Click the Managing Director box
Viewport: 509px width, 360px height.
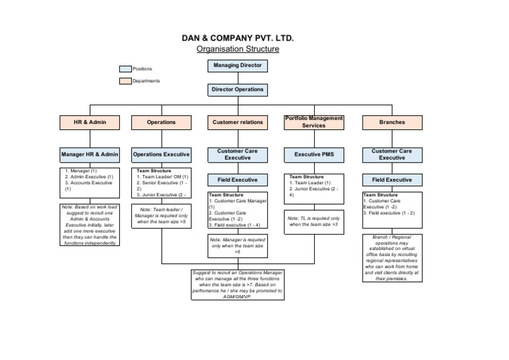point(237,66)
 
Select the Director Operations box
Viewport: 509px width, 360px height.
point(237,90)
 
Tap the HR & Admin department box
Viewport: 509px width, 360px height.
point(89,122)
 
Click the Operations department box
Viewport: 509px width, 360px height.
point(161,122)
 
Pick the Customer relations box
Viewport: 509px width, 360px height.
point(237,122)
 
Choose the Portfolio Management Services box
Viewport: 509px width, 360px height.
point(313,122)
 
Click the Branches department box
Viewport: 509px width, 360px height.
point(392,122)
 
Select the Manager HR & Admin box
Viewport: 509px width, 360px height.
point(89,154)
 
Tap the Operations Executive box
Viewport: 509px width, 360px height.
point(161,154)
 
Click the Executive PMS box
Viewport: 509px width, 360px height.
point(313,154)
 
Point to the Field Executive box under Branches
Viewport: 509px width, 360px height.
point(392,180)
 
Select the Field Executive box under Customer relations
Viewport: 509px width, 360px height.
point(237,180)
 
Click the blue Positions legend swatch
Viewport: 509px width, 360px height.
point(125,68)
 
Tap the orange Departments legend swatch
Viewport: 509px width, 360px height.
point(125,81)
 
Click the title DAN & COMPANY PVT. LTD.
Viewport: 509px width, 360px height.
point(238,38)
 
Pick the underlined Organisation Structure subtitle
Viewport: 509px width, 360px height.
point(238,49)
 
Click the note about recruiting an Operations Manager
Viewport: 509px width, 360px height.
point(237,285)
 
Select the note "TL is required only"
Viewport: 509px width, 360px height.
point(313,221)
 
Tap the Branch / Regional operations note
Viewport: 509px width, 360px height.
point(392,258)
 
